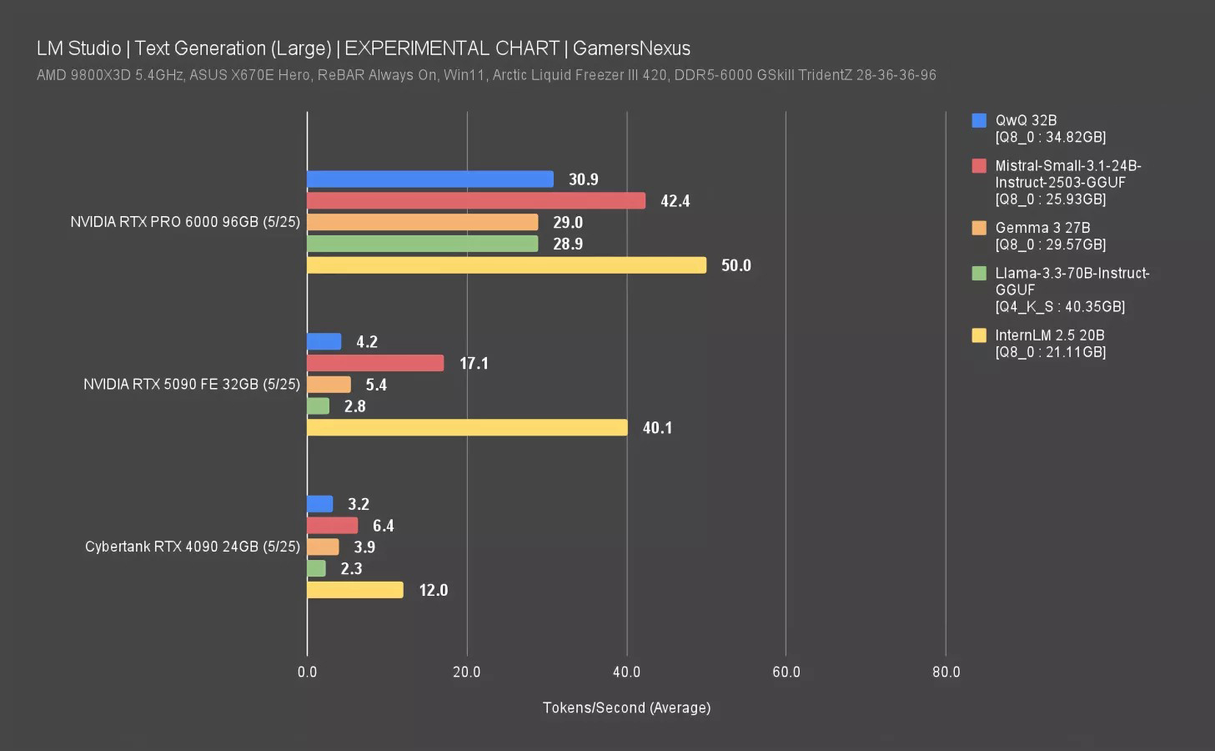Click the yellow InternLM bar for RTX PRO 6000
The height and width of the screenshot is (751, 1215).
click(506, 265)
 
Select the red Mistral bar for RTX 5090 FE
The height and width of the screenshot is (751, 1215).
click(375, 363)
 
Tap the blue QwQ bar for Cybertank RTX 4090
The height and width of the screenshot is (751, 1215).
click(320, 504)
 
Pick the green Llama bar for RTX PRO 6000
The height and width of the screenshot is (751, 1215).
click(422, 244)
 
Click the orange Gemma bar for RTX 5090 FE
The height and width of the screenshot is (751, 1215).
click(329, 385)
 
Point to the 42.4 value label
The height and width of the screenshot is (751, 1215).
click(675, 201)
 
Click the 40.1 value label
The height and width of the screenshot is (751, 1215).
click(657, 428)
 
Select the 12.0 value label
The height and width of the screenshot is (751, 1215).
click(433, 590)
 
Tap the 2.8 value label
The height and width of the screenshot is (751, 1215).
click(354, 406)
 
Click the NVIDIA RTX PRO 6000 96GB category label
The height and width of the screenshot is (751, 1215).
click(184, 222)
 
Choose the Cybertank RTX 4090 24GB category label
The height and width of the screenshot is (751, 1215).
click(192, 547)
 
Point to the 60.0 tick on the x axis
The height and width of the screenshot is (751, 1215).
click(786, 672)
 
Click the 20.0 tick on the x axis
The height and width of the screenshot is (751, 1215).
click(466, 672)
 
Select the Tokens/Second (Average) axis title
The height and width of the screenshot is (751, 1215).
click(626, 708)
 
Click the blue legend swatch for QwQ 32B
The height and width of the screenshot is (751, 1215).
click(979, 120)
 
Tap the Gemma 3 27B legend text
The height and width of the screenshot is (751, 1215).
click(1042, 228)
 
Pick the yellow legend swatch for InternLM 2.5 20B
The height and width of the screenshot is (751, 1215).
click(979, 335)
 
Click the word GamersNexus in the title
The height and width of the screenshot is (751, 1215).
click(631, 48)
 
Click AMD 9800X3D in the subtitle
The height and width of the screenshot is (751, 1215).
click(83, 75)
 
